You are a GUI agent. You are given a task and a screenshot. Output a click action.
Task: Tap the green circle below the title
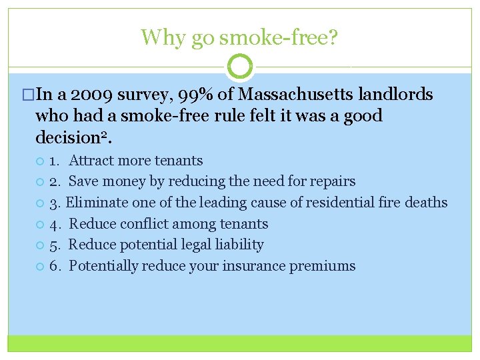click(x=240, y=67)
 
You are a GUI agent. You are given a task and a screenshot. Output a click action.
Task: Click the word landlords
click(x=399, y=95)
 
